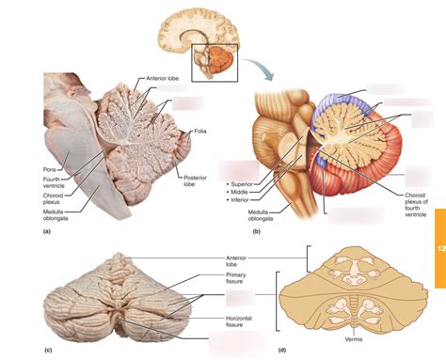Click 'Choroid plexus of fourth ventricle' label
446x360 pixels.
coord(410,201)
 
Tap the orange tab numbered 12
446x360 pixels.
coord(438,249)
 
